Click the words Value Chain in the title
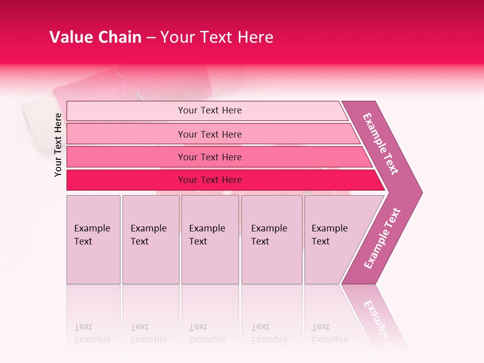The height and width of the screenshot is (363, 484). coord(95,37)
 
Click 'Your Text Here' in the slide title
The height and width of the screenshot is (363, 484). coord(217,37)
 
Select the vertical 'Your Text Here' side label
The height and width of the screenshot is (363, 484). coord(58,145)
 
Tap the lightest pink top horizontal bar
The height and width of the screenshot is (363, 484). coord(210,110)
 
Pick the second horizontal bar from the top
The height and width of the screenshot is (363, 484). coord(210,134)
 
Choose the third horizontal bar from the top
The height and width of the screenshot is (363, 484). coord(210,157)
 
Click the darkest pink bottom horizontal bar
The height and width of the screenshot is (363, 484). coord(210,180)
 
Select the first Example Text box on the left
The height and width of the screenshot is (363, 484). coord(93,239)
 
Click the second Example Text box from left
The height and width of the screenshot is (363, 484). coord(150,239)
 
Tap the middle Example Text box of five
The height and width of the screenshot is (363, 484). coord(210,239)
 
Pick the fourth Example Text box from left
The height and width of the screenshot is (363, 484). coord(271,239)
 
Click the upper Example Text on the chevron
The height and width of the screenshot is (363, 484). coord(381,143)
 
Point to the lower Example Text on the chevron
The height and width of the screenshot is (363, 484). coord(382,238)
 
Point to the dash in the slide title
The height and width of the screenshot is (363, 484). coord(151,38)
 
